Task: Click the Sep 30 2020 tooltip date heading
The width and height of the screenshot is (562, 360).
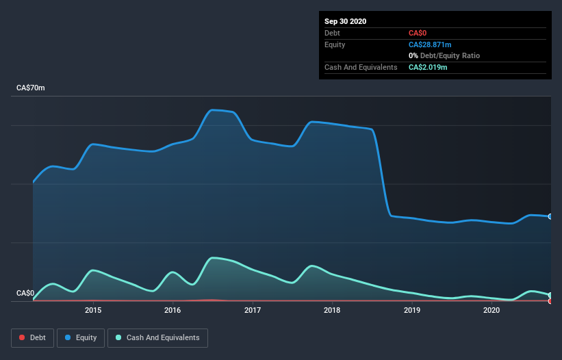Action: pos(346,21)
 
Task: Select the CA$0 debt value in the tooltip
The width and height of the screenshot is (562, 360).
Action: pos(418,33)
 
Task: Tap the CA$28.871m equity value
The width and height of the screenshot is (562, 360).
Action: pos(430,44)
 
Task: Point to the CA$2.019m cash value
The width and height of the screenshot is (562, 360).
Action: pos(428,67)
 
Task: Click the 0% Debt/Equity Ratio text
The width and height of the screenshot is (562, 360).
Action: pos(444,55)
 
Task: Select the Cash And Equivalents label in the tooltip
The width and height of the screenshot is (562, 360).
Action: pos(361,67)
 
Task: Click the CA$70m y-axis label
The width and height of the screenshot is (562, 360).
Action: pos(31,88)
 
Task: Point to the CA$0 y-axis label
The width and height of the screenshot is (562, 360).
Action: pos(25,294)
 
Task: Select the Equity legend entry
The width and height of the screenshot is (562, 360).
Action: pos(81,337)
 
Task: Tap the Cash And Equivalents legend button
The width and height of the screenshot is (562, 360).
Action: pos(158,337)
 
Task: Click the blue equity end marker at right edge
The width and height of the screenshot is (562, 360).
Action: pos(550,216)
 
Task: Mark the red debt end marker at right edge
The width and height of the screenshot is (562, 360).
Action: pos(550,300)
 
